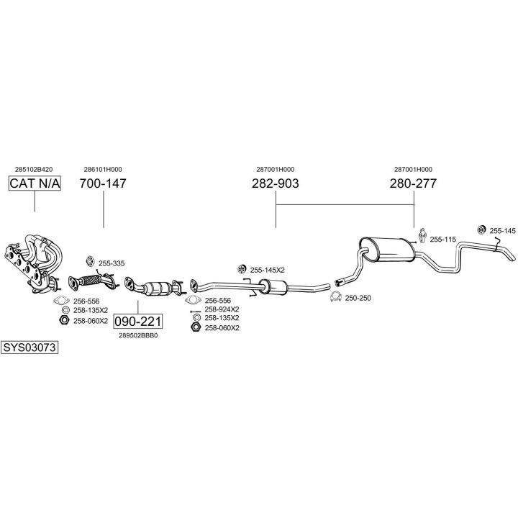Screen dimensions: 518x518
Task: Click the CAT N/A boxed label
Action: point(35,184)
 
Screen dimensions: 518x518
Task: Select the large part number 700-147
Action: point(103,183)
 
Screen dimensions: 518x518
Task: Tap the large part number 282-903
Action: point(275,183)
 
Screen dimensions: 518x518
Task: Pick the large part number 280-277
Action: point(413,183)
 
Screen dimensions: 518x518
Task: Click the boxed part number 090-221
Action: point(138,321)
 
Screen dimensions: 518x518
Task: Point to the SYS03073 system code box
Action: point(29,347)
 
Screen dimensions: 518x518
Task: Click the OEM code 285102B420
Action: point(34,169)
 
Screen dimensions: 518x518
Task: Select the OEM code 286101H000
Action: point(103,169)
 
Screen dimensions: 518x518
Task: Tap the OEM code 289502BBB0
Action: point(138,335)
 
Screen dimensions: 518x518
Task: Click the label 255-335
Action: point(111,263)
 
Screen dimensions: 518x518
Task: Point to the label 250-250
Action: point(358,298)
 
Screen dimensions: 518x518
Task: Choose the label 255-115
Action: point(443,239)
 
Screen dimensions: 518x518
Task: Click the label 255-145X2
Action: point(267,270)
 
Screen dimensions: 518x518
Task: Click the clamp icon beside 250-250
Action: point(335,297)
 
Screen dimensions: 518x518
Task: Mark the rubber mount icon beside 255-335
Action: point(90,261)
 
